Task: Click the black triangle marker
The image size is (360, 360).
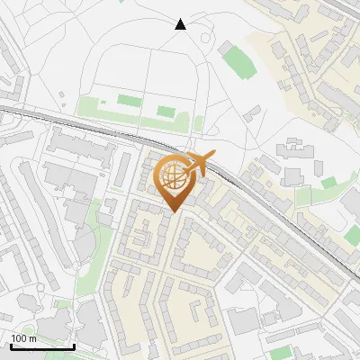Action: pyautogui.click(x=180, y=24)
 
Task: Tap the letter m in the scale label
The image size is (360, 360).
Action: pyautogui.click(x=34, y=338)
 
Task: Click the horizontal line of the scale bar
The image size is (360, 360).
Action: pyautogui.click(x=42, y=346)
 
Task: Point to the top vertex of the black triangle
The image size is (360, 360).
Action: pyautogui.click(x=180, y=19)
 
